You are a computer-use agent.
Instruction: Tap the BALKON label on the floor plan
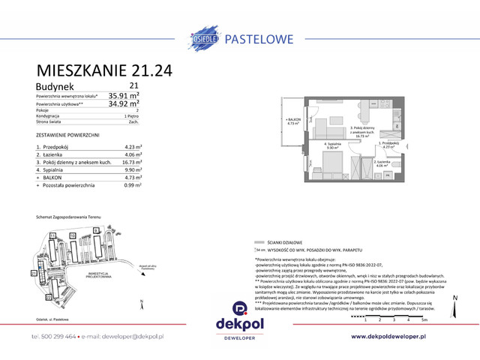(293, 120)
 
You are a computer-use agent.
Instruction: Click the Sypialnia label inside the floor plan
(333, 144)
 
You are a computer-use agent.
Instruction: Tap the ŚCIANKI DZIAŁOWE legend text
(287, 243)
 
